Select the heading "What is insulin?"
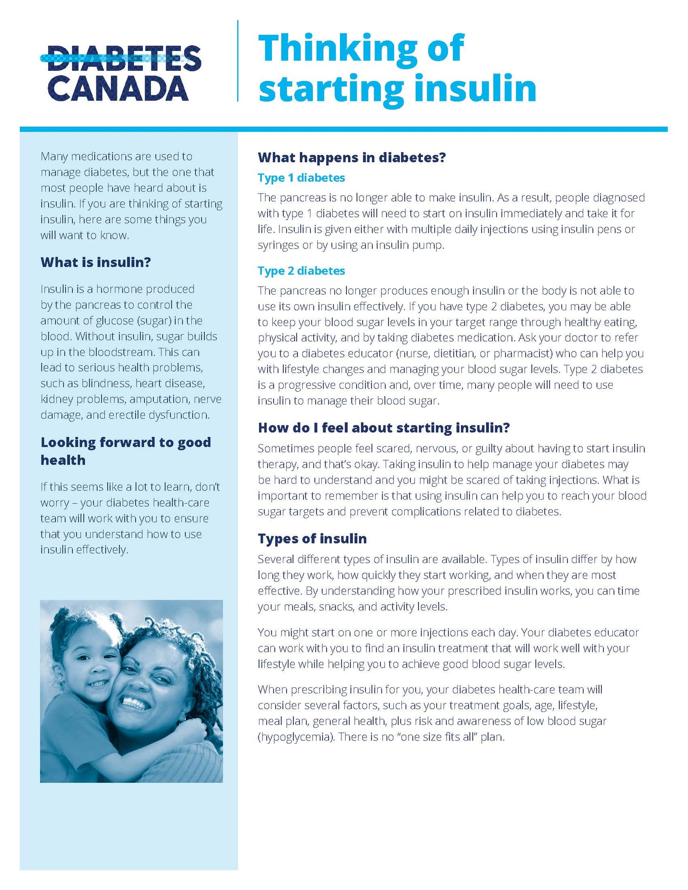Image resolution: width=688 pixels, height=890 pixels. point(95,262)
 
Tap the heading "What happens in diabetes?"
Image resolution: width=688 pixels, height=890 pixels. point(351,158)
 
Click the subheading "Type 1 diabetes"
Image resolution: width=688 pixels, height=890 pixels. point(301,178)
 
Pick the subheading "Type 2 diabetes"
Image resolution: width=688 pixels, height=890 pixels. point(301,271)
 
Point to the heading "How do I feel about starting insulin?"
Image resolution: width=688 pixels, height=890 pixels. point(383,428)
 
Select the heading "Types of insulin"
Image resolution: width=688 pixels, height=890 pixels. point(312,539)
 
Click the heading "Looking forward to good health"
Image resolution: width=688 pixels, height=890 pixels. point(125,451)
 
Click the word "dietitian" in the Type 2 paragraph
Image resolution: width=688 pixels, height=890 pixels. point(454,354)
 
